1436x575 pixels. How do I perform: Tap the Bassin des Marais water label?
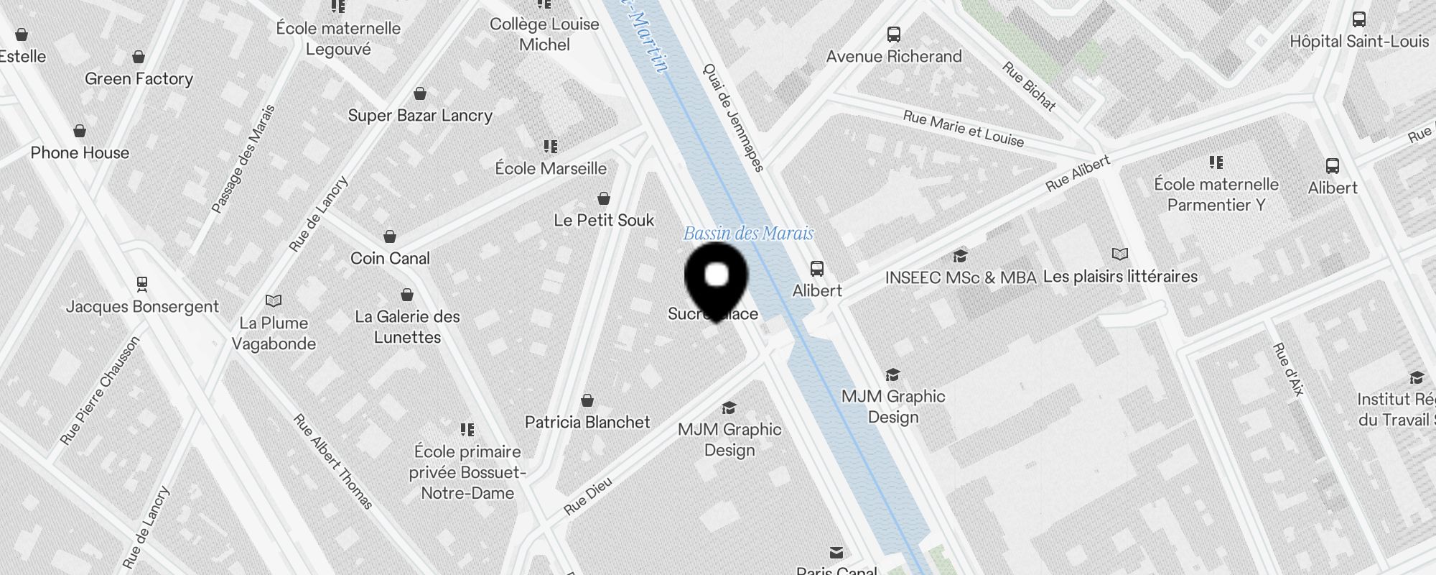pyautogui.click(x=747, y=234)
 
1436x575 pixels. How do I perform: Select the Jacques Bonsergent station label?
pyautogui.click(x=142, y=307)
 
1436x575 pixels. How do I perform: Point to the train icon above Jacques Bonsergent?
pyautogui.click(x=142, y=284)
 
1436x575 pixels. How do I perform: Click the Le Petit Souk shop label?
pyautogui.click(x=604, y=221)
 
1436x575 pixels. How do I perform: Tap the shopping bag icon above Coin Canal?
pyautogui.click(x=390, y=236)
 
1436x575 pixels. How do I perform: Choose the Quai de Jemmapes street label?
pyautogui.click(x=733, y=118)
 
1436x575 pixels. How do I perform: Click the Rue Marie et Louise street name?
pyautogui.click(x=963, y=129)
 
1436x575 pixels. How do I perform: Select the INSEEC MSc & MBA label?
pyautogui.click(x=961, y=278)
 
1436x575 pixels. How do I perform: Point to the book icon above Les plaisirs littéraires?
pyautogui.click(x=1119, y=254)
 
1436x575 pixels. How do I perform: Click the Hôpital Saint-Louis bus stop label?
pyautogui.click(x=1359, y=42)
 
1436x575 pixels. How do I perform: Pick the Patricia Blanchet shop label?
pyautogui.click(x=587, y=423)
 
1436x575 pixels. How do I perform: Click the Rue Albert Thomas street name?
pyautogui.click(x=333, y=461)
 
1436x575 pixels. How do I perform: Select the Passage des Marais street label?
pyautogui.click(x=243, y=160)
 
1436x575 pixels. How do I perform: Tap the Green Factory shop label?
pyautogui.click(x=139, y=79)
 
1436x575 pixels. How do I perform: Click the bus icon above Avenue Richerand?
pyautogui.click(x=894, y=34)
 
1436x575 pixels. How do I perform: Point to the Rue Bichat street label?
pyautogui.click(x=1029, y=86)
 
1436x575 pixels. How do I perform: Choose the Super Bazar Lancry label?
pyautogui.click(x=420, y=116)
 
